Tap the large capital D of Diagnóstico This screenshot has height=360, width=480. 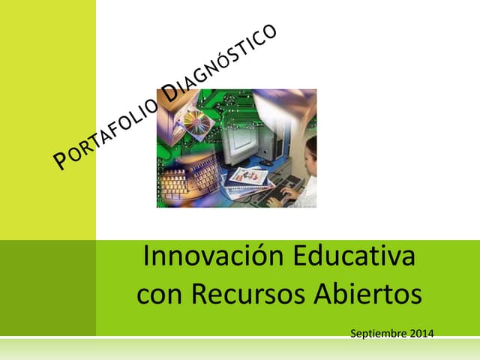click(171, 92)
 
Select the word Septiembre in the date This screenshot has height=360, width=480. click(378, 332)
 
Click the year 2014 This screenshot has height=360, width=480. click(421, 332)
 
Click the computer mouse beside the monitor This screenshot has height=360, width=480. click(266, 163)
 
